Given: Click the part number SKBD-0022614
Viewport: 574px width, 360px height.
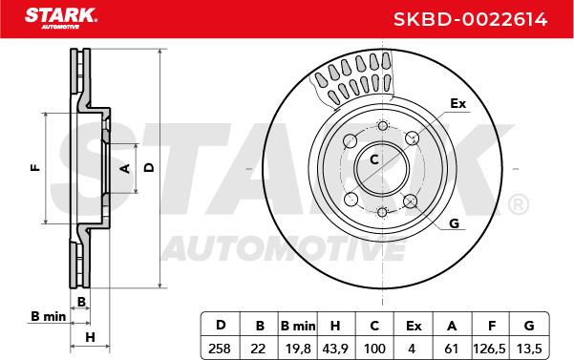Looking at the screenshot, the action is (470, 19).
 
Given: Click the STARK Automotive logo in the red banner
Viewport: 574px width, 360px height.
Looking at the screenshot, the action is (61, 18).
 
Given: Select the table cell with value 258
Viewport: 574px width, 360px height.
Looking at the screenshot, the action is (220, 349).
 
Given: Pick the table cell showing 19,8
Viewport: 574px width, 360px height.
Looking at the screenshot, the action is (298, 349).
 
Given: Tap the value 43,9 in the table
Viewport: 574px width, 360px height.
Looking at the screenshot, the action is (335, 349).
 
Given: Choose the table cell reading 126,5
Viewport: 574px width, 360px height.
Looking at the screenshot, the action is (489, 349).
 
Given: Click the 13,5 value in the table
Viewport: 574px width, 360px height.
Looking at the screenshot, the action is (529, 349).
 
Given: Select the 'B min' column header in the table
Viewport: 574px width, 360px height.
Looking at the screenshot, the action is (298, 326).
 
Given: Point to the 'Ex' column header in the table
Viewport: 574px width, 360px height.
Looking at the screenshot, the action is (414, 326).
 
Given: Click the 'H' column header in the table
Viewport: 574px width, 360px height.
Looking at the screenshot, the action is (335, 326).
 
